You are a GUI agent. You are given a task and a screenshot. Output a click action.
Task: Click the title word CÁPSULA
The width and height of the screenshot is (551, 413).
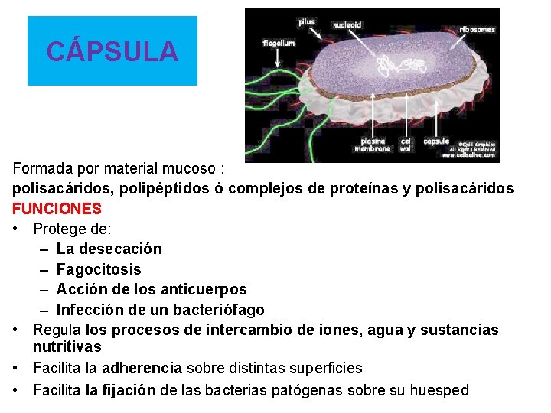tap(112, 51)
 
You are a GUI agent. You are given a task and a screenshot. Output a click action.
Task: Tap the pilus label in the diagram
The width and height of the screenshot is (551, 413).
tap(306, 22)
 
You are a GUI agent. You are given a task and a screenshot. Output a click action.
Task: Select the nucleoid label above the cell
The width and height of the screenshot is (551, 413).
tap(347, 24)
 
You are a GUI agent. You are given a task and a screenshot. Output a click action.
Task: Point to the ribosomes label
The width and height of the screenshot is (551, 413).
tap(477, 30)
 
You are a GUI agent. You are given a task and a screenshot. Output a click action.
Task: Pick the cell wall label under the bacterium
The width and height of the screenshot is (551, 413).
tap(407, 145)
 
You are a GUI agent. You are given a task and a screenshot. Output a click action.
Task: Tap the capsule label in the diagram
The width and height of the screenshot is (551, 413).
tap(436, 141)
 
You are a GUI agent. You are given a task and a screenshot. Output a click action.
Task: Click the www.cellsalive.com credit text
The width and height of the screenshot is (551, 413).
tap(468, 155)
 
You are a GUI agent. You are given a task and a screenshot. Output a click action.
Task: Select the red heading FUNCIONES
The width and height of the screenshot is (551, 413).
tap(57, 208)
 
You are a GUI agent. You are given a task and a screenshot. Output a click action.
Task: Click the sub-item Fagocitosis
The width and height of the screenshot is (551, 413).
tap(99, 269)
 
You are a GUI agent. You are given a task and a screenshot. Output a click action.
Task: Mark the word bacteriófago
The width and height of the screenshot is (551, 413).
tap(217, 311)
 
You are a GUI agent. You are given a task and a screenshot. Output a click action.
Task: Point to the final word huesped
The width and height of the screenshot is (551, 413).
tap(439, 390)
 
